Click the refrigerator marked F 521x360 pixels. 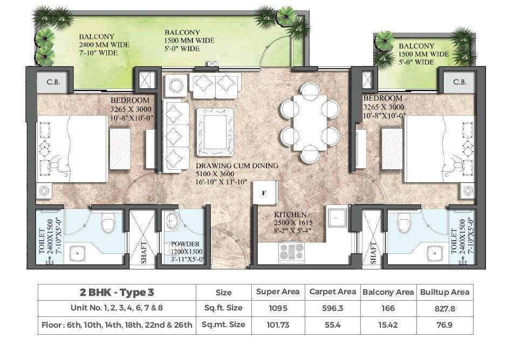tap(265, 192)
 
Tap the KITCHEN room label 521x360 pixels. tap(290, 214)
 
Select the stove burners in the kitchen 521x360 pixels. tap(292, 251)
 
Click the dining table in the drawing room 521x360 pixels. tap(310, 123)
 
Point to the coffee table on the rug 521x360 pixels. tap(215, 132)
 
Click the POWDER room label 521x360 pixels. tap(186, 244)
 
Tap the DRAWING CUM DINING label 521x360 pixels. tap(237, 166)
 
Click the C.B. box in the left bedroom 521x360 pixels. tap(53, 82)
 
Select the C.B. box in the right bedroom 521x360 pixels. tap(460, 82)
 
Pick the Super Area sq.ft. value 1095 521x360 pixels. tap(278, 308)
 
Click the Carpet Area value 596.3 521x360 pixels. tap(333, 308)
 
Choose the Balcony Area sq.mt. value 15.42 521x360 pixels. tap(388, 325)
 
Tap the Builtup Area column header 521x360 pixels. tap(444, 292)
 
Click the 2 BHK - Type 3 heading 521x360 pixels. tap(117, 293)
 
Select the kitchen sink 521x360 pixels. tap(337, 218)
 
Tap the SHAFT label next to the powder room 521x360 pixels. tap(143, 253)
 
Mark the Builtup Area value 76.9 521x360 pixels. tap(444, 325)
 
